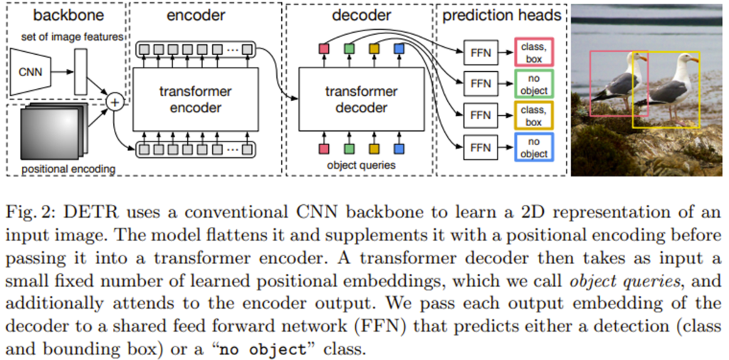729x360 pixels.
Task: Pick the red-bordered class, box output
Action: [533, 52]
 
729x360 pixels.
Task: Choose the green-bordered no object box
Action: [533, 84]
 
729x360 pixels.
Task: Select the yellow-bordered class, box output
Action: [533, 115]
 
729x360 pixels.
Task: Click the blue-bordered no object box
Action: [533, 147]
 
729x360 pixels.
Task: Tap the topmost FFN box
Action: [481, 52]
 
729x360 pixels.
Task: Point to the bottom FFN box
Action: [481, 147]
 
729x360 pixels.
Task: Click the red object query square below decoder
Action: [324, 149]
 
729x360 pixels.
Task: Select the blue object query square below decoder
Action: [399, 149]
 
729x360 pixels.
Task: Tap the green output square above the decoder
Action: [349, 48]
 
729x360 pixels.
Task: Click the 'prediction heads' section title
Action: [501, 14]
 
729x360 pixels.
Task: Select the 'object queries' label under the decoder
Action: [361, 165]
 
